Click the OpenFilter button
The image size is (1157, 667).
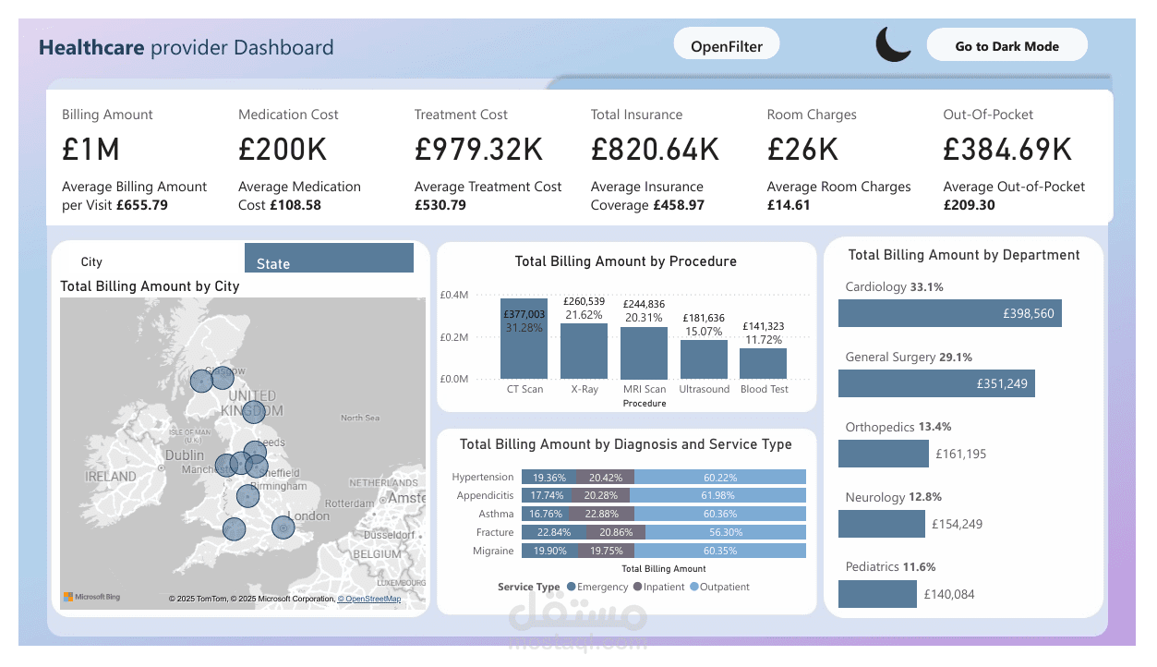727,45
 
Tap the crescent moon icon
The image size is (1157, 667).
893,44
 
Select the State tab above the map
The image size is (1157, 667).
329,259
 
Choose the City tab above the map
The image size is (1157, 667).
91,262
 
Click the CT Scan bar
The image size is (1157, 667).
524,339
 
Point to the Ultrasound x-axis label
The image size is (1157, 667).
705,389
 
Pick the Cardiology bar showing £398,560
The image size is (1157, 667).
949,313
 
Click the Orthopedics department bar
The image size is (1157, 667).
883,454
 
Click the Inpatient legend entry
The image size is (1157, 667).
658,587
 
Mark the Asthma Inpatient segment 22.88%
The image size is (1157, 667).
604,515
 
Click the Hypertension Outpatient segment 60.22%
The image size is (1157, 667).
719,478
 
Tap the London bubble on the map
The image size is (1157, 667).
283,528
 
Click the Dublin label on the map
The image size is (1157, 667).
185,455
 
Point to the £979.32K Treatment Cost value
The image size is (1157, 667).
478,149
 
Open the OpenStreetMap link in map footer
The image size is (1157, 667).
369,599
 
